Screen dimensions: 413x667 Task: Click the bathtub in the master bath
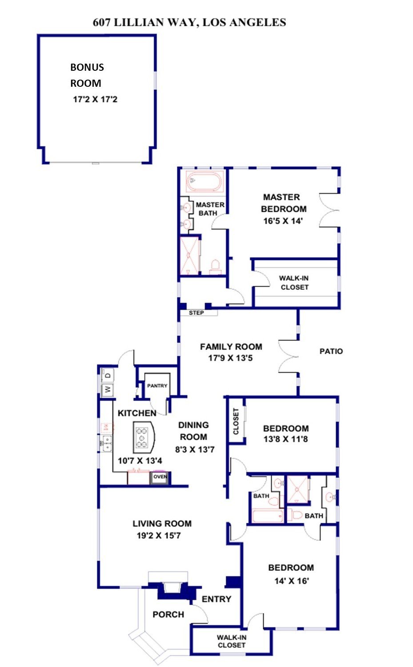(x=204, y=182)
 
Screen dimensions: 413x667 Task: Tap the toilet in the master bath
(x=215, y=267)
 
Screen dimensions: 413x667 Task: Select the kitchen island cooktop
(x=142, y=438)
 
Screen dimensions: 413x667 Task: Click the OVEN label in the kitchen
(x=160, y=477)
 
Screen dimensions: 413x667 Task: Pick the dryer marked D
(x=108, y=376)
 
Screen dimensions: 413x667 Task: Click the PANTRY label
(x=157, y=386)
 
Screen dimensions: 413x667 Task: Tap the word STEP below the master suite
(x=196, y=313)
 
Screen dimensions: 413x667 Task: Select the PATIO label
(x=331, y=352)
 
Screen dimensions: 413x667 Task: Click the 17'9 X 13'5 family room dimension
(x=230, y=358)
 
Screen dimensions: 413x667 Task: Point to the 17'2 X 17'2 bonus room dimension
(x=95, y=99)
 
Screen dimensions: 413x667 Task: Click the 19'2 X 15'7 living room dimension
(x=159, y=536)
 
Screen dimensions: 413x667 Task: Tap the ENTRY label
(x=217, y=599)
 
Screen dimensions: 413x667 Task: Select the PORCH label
(x=168, y=614)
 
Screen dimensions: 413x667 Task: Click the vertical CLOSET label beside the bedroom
(x=236, y=421)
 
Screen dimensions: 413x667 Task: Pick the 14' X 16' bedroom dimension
(x=292, y=581)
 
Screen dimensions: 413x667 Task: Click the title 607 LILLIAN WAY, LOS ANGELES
(x=189, y=22)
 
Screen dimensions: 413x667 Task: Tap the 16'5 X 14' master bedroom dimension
(x=283, y=221)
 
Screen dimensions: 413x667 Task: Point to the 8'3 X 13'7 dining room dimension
(x=195, y=449)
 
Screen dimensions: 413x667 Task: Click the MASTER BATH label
(x=210, y=209)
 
